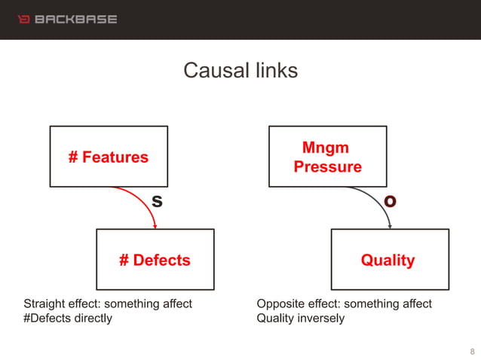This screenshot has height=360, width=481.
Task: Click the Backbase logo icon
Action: pos(23,18)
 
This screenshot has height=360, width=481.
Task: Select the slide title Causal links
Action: pos(240,71)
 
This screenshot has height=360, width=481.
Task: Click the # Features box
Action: pos(109,157)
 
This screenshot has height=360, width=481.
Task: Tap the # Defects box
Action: pos(155,260)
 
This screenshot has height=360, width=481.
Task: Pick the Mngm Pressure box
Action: pos(327,157)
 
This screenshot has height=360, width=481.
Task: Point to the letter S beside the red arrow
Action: pos(157,201)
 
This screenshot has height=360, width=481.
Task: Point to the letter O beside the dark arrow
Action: pos(390,201)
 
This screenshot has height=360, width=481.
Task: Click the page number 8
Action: pos(472,351)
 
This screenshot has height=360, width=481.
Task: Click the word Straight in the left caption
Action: pos(44,304)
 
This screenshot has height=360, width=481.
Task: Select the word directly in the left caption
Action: pos(93,318)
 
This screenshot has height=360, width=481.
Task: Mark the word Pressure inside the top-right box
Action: pos(327,166)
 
